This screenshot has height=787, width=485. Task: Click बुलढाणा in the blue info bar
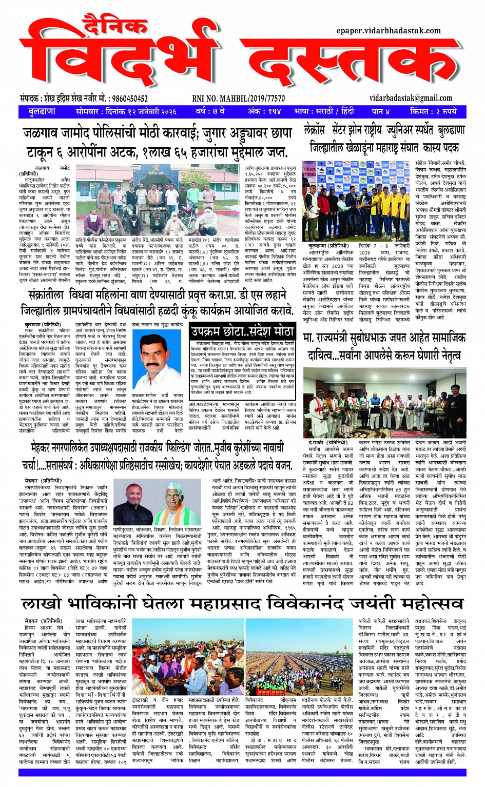pyautogui.click(x=42, y=111)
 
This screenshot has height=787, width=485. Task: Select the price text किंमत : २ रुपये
pyautogui.click(x=433, y=111)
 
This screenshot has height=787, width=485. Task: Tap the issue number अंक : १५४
pyautogui.click(x=264, y=111)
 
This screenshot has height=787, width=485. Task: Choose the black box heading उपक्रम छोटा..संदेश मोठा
pyautogui.click(x=242, y=331)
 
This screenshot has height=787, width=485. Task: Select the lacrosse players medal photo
pyautogui.click(x=356, y=201)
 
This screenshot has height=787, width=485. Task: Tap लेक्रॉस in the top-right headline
pyautogui.click(x=315, y=130)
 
